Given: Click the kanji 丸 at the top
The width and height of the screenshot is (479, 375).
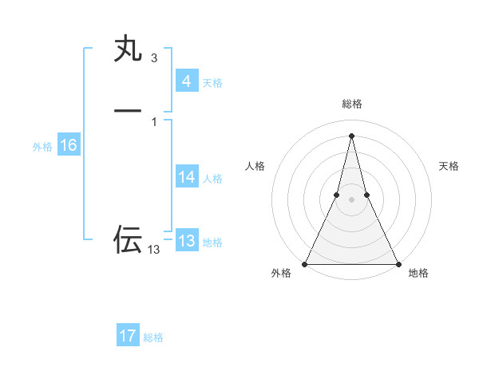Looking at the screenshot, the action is click(128, 50).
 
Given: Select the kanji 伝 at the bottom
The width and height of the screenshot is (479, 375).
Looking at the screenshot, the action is click(128, 239).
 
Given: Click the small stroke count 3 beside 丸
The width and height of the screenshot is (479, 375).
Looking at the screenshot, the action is click(153, 58).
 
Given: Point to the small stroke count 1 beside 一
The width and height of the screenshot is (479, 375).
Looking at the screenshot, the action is click(153, 122).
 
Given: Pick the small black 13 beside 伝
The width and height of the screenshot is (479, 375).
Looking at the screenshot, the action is click(154, 250).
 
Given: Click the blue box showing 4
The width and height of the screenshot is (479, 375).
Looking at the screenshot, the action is click(186, 81).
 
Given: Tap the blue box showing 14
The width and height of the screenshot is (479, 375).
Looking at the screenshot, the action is click(186, 177).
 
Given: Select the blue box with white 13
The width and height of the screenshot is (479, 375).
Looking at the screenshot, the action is click(186, 241).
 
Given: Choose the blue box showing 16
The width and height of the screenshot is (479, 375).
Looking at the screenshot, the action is click(68, 145).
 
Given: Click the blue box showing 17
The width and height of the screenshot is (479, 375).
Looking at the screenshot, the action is click(128, 336).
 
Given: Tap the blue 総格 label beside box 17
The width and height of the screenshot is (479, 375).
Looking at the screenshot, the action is click(153, 337).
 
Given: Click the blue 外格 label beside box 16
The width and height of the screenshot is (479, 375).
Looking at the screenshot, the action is click(42, 147).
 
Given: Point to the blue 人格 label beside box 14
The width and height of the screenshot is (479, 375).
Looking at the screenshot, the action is click(213, 179).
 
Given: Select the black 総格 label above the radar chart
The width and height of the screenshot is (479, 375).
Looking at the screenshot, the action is click(351, 105).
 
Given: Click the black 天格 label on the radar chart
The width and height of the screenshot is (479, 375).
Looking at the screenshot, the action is click(449, 166).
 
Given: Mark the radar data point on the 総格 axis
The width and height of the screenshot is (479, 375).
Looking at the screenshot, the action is click(351, 135).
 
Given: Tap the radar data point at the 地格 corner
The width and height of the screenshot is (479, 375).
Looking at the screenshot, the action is click(398, 264).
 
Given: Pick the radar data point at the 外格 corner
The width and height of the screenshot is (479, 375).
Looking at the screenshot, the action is click(305, 264).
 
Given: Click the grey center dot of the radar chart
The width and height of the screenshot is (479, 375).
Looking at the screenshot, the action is click(351, 199).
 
